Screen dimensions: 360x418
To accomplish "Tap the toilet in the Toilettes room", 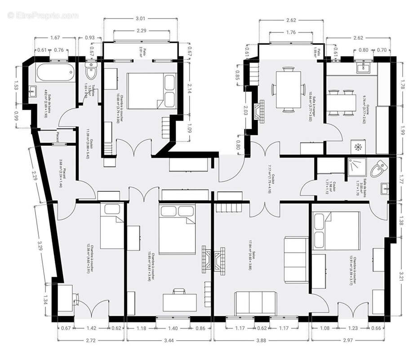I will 91,70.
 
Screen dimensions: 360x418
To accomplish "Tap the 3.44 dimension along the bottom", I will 169,341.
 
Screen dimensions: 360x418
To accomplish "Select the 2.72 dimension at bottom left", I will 90,341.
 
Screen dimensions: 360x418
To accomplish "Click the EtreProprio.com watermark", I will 43,16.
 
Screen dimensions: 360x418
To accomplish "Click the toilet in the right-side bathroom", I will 380,168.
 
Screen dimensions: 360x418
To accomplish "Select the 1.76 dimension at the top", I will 290,32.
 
